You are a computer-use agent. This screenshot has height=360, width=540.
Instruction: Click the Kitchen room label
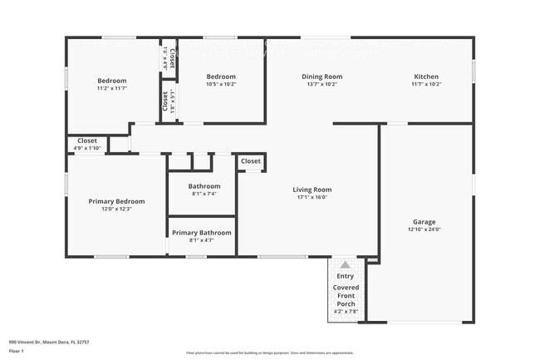(426, 76)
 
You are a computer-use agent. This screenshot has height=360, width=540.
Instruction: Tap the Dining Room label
(322, 76)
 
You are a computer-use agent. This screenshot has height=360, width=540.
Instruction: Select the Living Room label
(312, 190)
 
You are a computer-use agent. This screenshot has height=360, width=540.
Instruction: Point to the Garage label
(424, 222)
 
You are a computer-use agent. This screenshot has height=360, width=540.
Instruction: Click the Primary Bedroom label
(116, 201)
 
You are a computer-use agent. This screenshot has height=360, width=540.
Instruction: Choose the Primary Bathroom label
(202, 233)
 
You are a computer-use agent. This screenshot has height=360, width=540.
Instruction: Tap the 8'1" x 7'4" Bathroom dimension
(204, 194)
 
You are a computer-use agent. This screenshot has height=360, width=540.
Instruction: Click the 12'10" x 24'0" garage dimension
(424, 230)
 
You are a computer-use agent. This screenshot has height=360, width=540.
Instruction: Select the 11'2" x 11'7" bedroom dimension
(111, 88)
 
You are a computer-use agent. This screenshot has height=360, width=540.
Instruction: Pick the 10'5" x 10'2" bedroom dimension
(221, 84)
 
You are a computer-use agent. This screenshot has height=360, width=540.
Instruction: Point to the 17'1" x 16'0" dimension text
(312, 198)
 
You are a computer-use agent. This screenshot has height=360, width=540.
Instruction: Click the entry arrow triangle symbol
(345, 265)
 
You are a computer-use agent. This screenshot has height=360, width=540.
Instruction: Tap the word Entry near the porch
(345, 276)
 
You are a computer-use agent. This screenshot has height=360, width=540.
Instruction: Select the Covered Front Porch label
(346, 296)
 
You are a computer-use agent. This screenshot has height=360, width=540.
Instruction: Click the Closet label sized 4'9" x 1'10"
(87, 141)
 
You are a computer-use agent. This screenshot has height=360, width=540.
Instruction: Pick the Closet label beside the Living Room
(251, 160)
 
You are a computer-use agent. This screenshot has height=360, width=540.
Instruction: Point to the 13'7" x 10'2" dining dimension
(322, 84)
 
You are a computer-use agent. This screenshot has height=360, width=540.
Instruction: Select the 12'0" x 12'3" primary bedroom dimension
(116, 210)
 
